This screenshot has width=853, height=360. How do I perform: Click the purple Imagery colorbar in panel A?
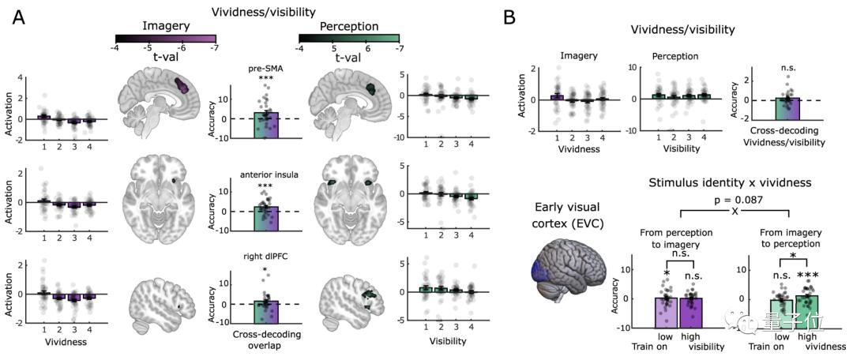pos(165,37)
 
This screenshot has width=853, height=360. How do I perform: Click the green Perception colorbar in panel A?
pos(349,37)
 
